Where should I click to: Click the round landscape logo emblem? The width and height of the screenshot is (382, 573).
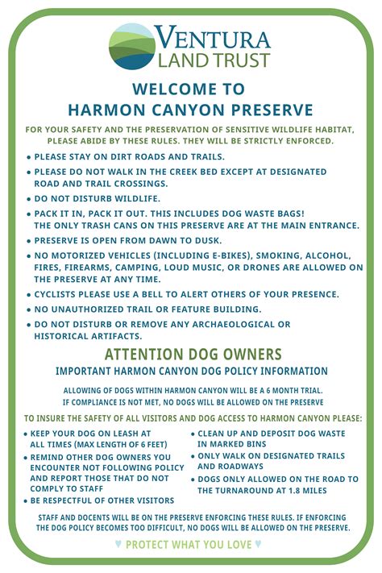(x=132, y=48)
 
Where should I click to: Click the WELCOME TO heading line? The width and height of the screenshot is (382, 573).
(x=191, y=89)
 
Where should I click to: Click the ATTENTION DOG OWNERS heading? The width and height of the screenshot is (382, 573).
(x=193, y=355)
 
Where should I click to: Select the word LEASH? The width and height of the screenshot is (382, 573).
(x=135, y=434)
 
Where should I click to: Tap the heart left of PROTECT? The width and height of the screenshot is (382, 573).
(x=118, y=544)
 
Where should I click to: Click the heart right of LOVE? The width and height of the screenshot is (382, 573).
(x=258, y=544)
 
